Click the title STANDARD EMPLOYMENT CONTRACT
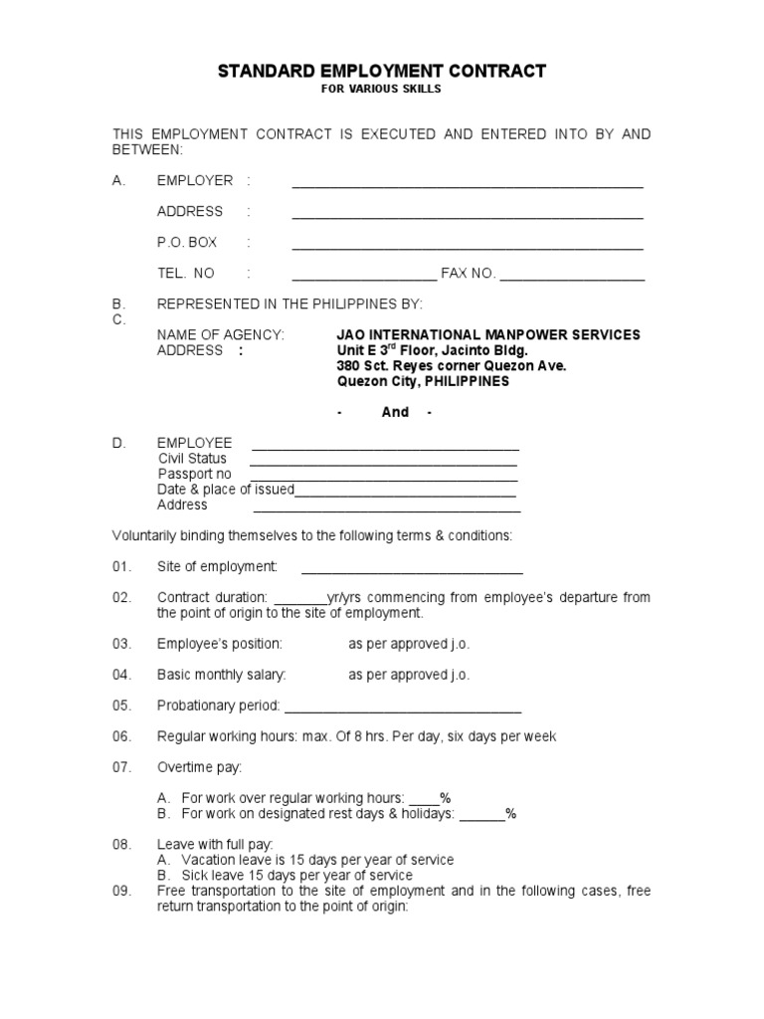382,71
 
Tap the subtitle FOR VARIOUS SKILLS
381,90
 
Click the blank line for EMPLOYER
467,185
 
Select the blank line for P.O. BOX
467,247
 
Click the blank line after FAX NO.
572,278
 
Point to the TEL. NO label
185,274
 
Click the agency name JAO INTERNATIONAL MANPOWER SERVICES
488,335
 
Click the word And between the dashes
395,412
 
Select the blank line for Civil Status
383,463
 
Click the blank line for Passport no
383,478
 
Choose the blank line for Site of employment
412,571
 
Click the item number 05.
121,706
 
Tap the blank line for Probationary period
403,711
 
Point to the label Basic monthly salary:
221,675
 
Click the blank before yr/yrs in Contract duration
299,601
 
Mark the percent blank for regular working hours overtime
425,801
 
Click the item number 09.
121,891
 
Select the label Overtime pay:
199,767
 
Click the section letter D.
118,443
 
